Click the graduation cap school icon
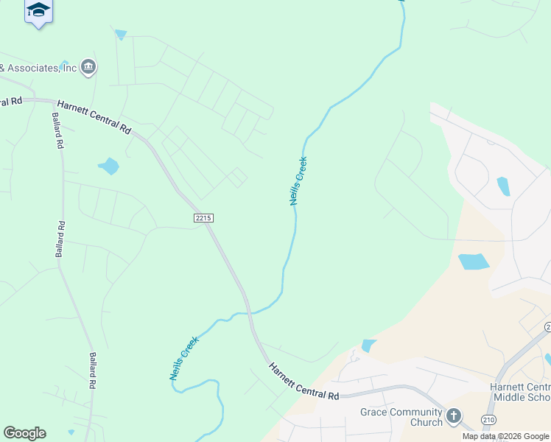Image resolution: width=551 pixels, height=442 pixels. [38, 11]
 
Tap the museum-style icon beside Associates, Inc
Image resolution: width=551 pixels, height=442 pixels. [88, 68]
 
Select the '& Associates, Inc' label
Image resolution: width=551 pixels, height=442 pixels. [38, 68]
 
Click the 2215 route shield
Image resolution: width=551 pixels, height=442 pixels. [204, 218]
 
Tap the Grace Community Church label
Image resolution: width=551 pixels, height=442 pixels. [402, 417]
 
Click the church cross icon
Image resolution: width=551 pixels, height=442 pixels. [454, 417]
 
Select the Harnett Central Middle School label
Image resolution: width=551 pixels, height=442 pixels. [520, 393]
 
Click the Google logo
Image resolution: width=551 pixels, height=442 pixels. [24, 433]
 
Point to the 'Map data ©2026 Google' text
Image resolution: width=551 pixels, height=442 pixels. [505, 436]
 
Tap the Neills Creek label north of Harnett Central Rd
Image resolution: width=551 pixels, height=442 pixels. [298, 180]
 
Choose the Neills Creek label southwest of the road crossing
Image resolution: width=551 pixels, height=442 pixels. [183, 358]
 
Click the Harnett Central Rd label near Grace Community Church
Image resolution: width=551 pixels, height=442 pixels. [303, 381]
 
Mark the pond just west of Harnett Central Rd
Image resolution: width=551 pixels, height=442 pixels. [109, 166]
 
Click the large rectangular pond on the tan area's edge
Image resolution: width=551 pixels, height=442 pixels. [474, 262]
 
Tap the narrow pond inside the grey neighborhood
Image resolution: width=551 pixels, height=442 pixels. [504, 186]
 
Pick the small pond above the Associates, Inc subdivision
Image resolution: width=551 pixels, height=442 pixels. [121, 34]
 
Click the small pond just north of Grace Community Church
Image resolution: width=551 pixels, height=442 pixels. [368, 345]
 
